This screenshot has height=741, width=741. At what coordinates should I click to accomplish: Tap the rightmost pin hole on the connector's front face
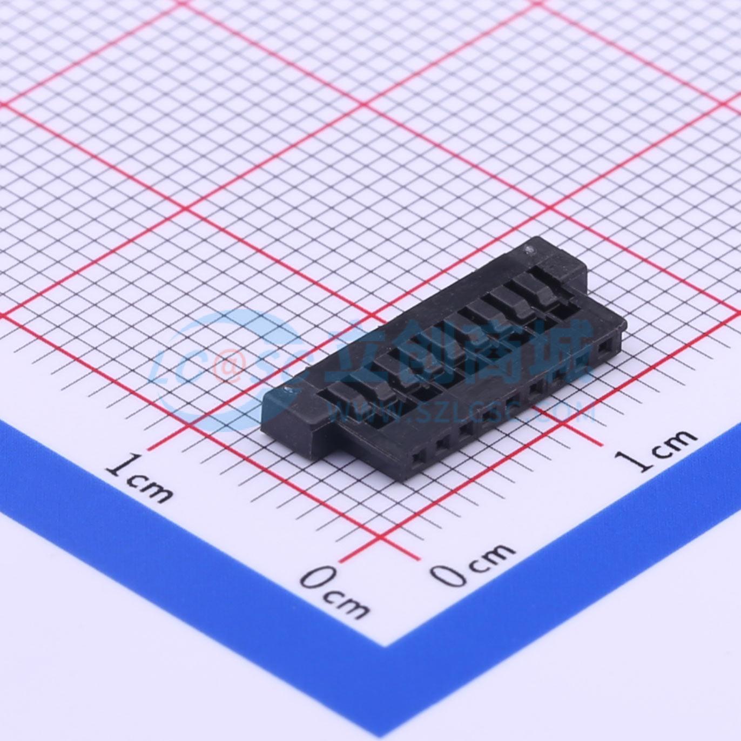(x=603, y=349)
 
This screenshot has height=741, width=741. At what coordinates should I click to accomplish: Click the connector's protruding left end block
(x=292, y=419)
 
